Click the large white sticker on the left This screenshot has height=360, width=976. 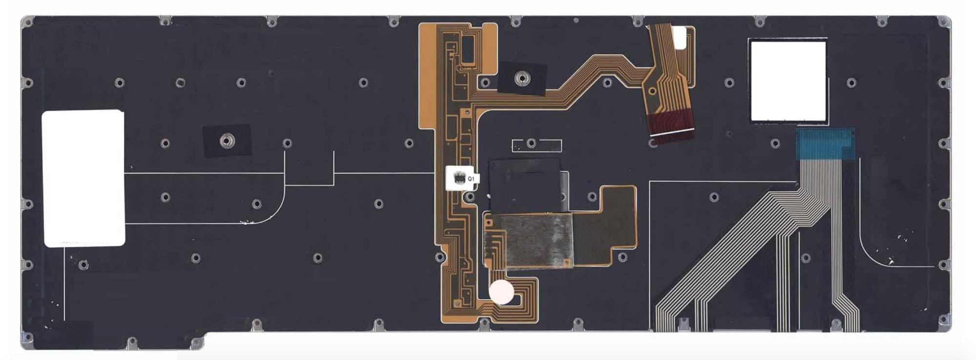(83, 178)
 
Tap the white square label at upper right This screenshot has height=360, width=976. (788, 81)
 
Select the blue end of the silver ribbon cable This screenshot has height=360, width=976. (825, 144)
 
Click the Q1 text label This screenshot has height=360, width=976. (471, 179)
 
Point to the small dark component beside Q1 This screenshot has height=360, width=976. (459, 178)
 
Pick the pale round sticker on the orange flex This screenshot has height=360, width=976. (502, 291)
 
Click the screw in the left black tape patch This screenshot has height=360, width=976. (226, 141)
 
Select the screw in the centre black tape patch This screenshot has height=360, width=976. (522, 78)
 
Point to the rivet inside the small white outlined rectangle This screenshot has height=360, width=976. (531, 143)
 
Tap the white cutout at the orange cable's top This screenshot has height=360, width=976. (679, 38)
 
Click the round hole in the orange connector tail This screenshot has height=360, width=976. (652, 91)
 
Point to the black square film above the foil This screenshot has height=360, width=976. (525, 185)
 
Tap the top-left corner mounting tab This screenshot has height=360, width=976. (28, 22)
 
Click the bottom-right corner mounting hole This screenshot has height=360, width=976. (945, 320)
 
